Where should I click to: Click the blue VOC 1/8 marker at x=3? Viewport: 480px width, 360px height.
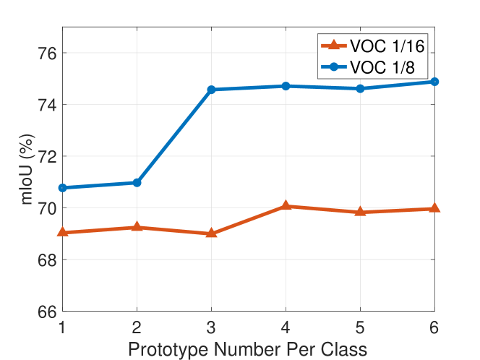coord(211,90)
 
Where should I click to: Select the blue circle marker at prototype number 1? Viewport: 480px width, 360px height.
coord(62,188)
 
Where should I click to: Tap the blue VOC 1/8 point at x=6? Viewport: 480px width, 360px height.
coord(434,82)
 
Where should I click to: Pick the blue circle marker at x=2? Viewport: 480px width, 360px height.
coord(137,183)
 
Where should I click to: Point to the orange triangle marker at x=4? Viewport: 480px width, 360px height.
coord(286,206)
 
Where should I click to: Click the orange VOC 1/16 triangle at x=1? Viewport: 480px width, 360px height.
coord(62,232)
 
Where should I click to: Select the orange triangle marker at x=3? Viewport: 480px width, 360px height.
coord(211,233)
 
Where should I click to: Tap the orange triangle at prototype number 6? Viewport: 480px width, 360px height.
coord(434,208)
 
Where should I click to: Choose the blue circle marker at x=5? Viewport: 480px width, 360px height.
coord(360,88)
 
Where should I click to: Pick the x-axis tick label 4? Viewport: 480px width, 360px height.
coord(286,327)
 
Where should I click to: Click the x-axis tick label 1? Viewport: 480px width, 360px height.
coord(62,327)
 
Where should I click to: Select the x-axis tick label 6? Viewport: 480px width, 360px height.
coord(434,327)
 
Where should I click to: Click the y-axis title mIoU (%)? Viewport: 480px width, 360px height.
coord(27,169)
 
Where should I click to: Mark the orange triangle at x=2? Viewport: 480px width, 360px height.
coord(137,227)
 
